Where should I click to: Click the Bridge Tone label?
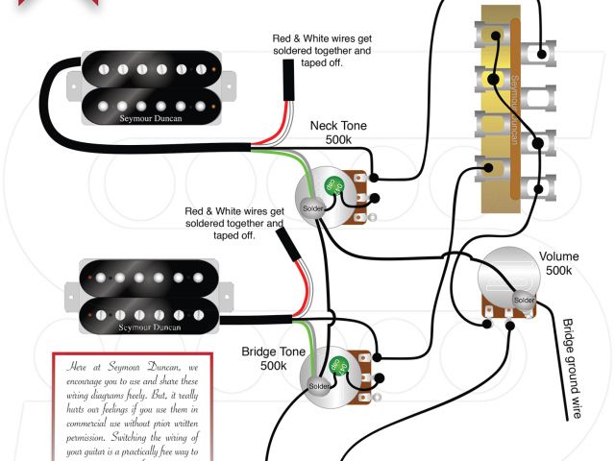[x=265, y=352]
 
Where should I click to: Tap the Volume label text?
[x=558, y=256]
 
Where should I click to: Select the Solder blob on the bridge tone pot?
[x=318, y=386]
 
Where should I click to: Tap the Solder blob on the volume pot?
[x=524, y=300]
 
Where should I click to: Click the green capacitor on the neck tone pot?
[x=333, y=184]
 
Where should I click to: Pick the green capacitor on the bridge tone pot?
[x=338, y=366]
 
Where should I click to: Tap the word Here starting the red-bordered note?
[x=77, y=366]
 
